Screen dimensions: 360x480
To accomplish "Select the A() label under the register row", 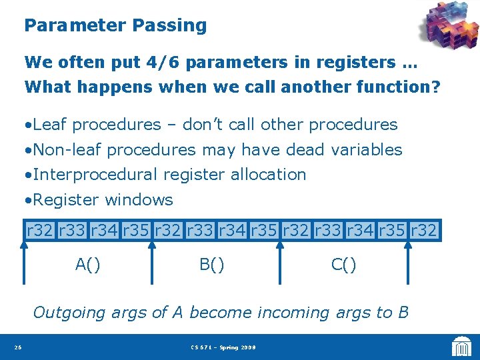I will [88, 265].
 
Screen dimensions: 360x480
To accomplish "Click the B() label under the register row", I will [212, 265].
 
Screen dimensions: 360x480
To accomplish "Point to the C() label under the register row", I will [344, 265].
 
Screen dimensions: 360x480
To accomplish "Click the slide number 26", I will [17, 347].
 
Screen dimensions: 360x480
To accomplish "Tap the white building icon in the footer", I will [461, 347].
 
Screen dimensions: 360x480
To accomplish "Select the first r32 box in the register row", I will [40, 231].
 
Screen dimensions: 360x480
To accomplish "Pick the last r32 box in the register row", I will [424, 231].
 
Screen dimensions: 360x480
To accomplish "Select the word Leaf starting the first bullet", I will [50, 125].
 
